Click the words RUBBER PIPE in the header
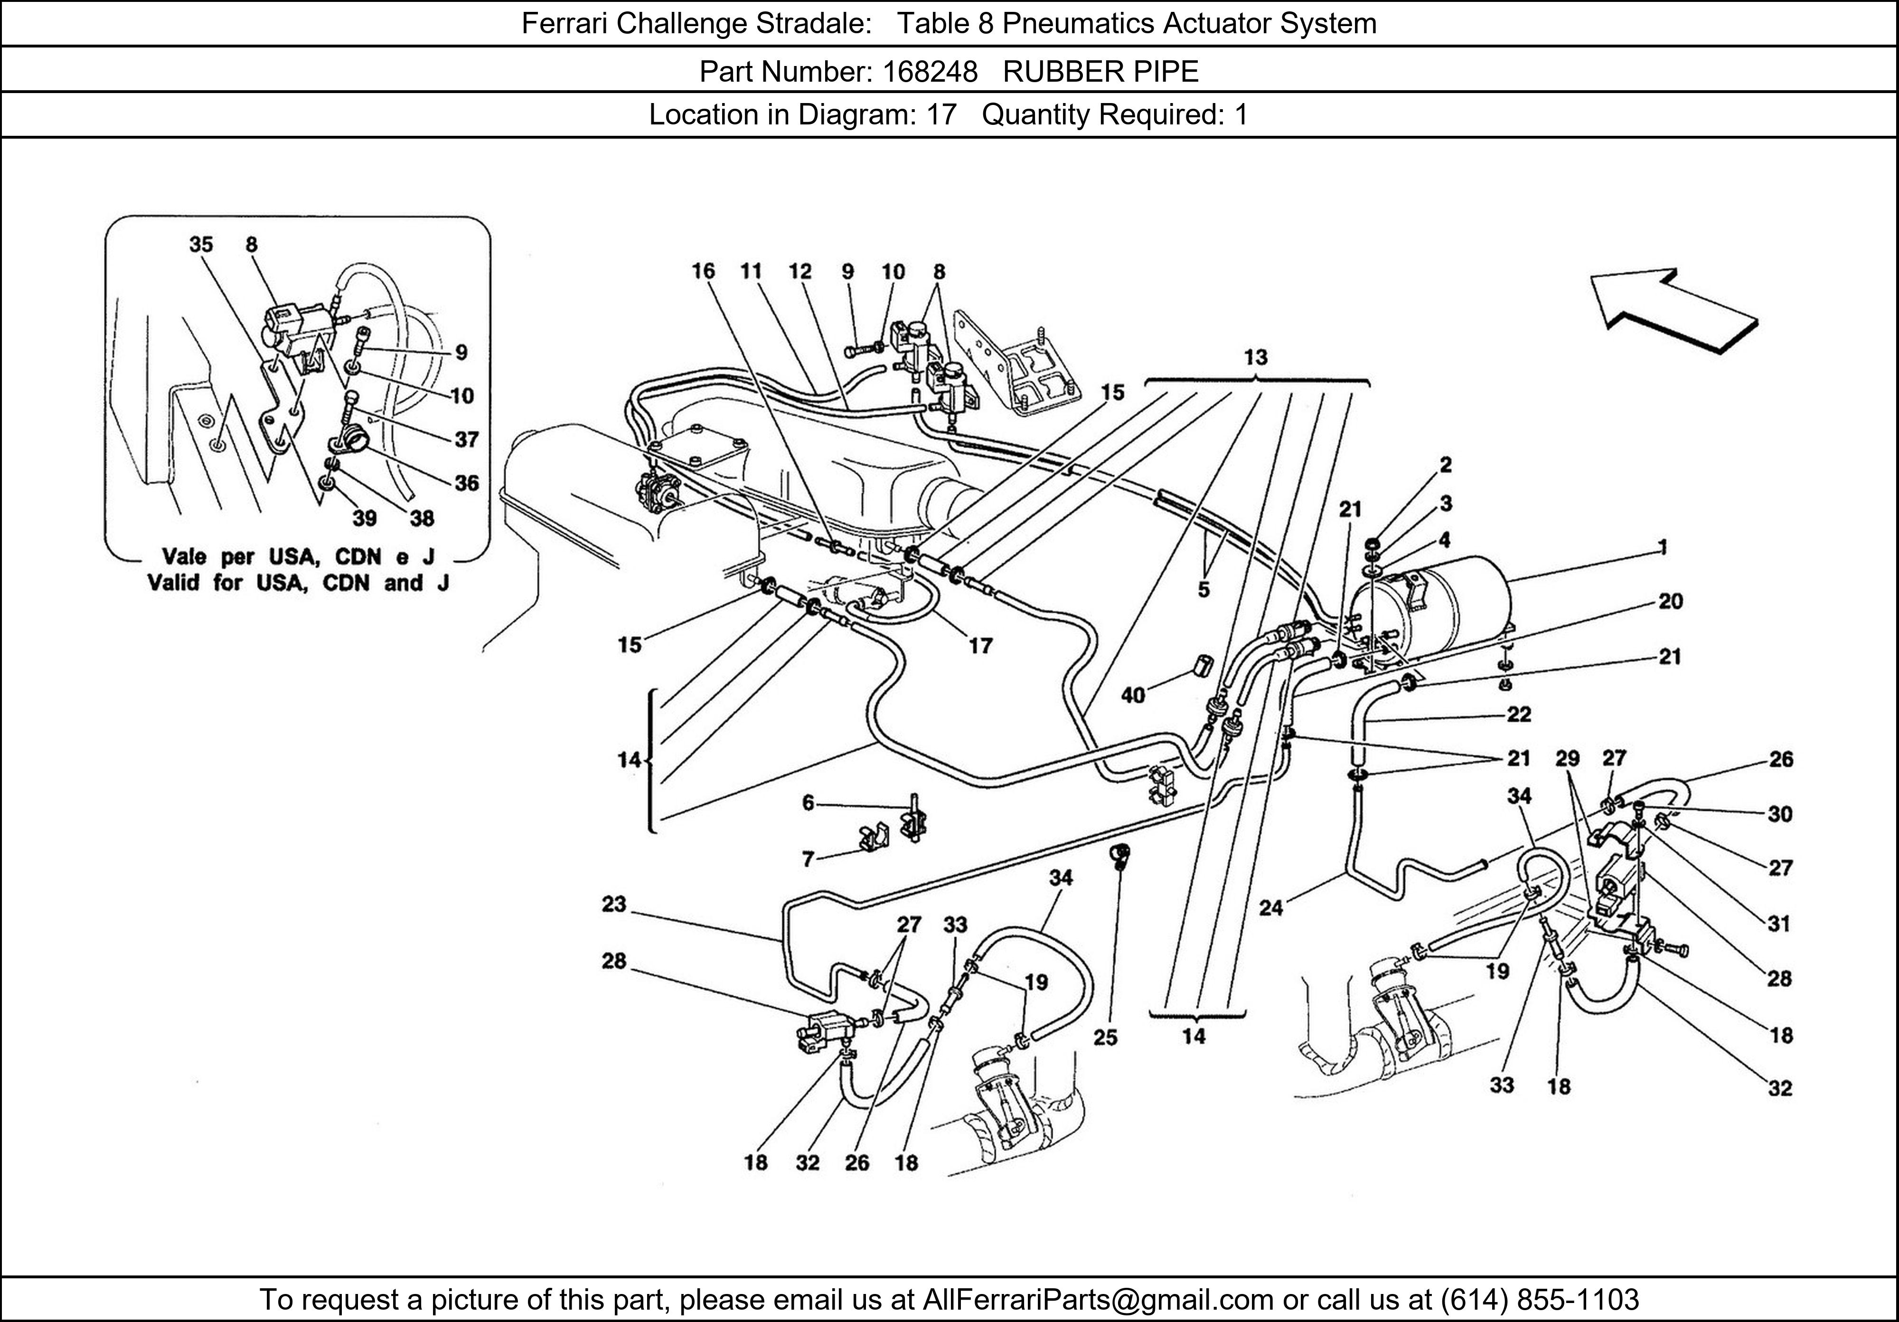pos(1101,72)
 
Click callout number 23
pos(614,904)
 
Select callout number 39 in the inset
pos(364,518)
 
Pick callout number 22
pos(1519,714)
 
